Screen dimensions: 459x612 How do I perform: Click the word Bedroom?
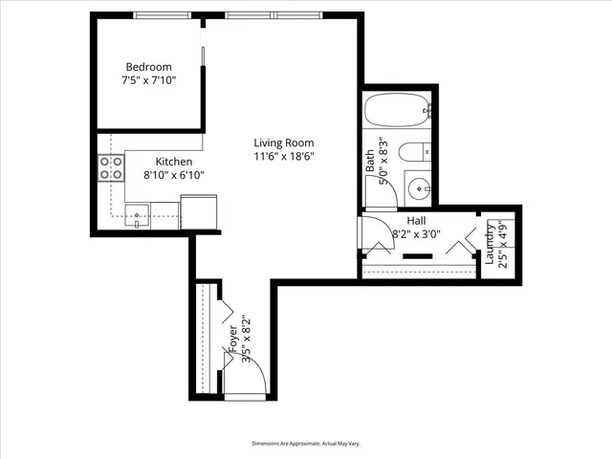148,67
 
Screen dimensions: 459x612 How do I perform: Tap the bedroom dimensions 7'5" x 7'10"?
148,81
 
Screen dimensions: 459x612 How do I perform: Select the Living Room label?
284,142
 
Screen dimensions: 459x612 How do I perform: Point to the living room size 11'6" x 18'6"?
284,157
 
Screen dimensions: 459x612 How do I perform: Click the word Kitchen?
174,162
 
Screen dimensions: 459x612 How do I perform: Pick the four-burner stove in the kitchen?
111,168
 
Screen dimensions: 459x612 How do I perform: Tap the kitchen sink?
140,215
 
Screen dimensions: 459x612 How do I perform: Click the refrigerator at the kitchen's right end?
200,211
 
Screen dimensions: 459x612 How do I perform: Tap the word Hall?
416,220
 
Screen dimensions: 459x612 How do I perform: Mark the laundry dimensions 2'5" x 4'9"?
502,245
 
